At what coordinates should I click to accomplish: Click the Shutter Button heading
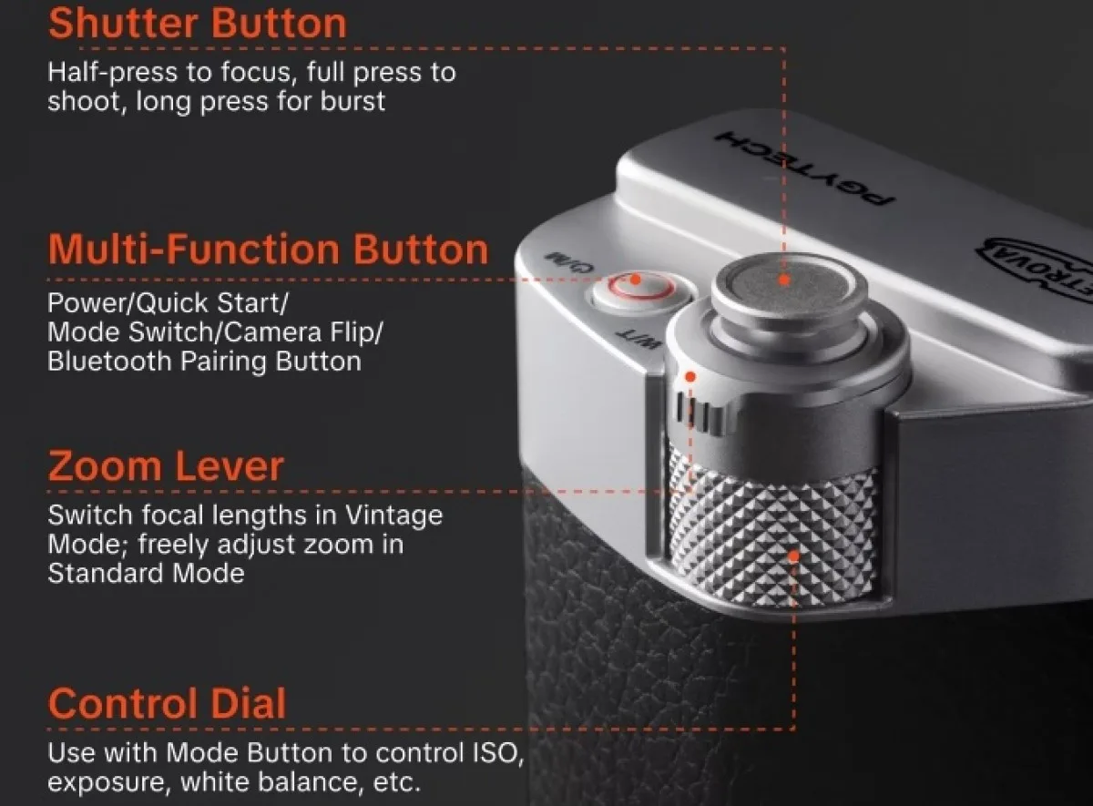pos(198,24)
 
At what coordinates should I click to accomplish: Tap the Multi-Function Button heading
pos(268,250)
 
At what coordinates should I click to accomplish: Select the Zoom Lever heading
pos(166,466)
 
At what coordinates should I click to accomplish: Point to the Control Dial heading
pos(168,703)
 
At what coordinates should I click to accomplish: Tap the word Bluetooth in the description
pos(110,362)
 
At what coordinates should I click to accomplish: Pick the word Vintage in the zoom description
pos(393,515)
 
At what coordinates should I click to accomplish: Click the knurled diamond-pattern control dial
pos(773,536)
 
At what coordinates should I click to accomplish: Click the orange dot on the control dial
pos(794,556)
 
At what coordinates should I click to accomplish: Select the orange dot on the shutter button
pos(783,281)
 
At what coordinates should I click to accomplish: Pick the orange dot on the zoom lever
pos(690,377)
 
